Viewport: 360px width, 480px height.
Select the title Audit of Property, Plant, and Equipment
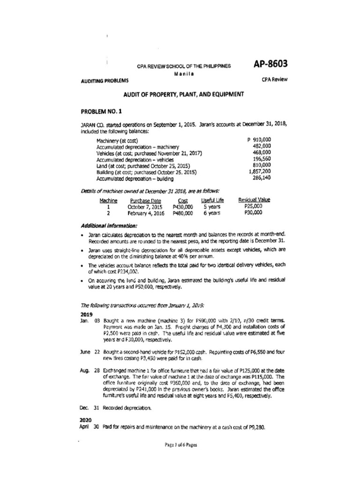point(183,94)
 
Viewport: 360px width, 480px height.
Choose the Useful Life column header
point(211,200)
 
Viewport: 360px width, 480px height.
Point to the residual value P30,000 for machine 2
point(254,212)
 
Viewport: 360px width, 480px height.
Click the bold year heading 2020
point(88,420)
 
